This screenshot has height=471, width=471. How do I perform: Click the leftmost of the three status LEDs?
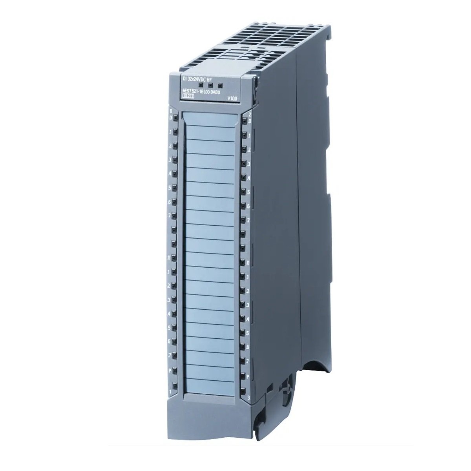[201, 84]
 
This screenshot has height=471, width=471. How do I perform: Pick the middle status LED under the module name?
[210, 85]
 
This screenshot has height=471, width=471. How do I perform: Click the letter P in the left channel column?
[170, 370]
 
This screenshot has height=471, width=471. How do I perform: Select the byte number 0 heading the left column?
[171, 112]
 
